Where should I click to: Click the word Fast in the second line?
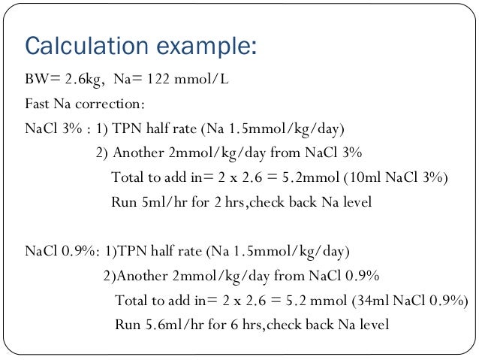(37, 103)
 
